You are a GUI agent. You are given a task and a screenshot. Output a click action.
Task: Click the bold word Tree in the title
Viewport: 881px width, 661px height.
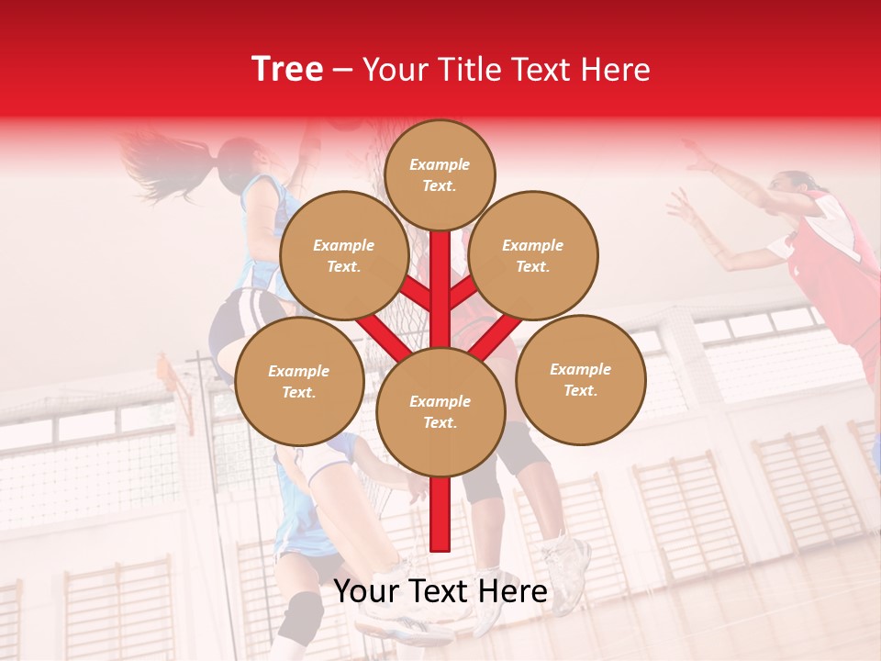[x=287, y=70]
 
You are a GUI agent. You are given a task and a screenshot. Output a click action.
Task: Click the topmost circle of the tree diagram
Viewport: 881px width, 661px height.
[x=440, y=174]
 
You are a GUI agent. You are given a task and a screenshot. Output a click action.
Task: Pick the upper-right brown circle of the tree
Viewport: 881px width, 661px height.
[x=533, y=256]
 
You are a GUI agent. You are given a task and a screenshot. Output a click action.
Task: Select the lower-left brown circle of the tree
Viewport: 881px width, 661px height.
[x=299, y=381]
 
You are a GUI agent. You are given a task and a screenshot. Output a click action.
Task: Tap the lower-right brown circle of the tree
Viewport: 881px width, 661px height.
[x=580, y=379]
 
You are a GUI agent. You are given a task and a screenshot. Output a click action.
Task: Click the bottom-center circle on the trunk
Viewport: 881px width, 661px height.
[x=440, y=411]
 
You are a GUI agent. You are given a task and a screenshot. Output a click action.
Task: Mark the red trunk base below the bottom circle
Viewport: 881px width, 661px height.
[x=440, y=514]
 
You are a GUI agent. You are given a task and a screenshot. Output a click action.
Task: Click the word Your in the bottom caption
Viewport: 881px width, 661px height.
[x=367, y=591]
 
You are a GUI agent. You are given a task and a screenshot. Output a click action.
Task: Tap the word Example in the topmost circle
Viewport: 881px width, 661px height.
[x=440, y=165]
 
